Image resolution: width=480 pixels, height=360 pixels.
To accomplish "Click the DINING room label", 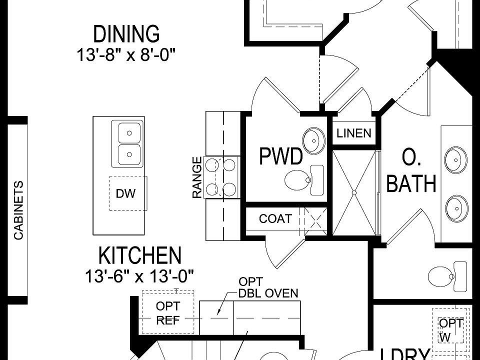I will pyautogui.click(x=126, y=34).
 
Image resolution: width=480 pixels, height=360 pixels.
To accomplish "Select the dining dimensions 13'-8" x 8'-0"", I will pyautogui.click(x=126, y=54).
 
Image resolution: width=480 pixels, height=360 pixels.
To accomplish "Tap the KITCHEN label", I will pyautogui.click(x=139, y=255).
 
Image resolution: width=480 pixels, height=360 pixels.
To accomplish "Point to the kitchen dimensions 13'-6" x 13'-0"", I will pyautogui.click(x=139, y=274).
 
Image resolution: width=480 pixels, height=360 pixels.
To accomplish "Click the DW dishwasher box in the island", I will pyautogui.click(x=125, y=193).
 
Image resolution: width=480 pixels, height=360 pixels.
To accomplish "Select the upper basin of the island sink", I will pyautogui.click(x=129, y=133).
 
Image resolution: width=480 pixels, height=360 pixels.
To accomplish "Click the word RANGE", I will pyautogui.click(x=197, y=177).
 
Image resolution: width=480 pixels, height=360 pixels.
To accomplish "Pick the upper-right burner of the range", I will pyautogui.click(x=229, y=163).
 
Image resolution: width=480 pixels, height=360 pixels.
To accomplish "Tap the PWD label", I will pyautogui.click(x=281, y=156).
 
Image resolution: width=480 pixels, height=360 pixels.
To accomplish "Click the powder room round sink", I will pyautogui.click(x=313, y=141).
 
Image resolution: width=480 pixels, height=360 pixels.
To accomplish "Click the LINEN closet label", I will pyautogui.click(x=354, y=133).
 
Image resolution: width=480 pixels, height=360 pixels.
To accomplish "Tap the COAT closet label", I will pyautogui.click(x=275, y=218).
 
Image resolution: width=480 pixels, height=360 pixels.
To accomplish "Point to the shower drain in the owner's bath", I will pyautogui.click(x=354, y=191).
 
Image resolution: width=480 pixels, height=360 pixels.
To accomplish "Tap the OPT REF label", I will pyautogui.click(x=168, y=313).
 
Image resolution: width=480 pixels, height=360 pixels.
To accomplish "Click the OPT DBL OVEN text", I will pyautogui.click(x=268, y=287).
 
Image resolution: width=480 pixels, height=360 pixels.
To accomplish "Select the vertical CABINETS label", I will pyautogui.click(x=18, y=210).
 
